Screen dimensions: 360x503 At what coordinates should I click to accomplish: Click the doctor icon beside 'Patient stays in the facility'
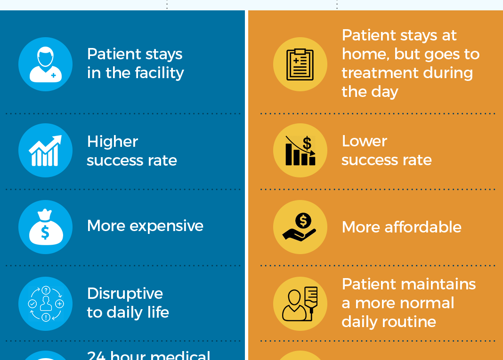coord(45,64)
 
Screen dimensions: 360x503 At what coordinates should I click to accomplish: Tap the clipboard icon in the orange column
coord(300,64)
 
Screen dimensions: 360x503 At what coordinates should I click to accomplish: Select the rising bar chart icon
coord(45,151)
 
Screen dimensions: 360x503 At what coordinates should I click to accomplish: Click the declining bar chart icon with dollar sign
coord(300,151)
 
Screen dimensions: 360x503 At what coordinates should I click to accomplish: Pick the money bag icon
coord(45,227)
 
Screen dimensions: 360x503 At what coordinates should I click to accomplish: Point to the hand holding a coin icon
coord(300,227)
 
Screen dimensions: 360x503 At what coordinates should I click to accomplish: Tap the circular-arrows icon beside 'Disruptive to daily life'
coord(45,304)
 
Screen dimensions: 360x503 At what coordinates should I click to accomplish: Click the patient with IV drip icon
coord(300,304)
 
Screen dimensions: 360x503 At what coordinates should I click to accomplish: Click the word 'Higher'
coord(113,142)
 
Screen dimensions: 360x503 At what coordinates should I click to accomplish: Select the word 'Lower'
coord(365,141)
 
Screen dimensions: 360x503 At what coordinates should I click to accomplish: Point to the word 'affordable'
coord(423,227)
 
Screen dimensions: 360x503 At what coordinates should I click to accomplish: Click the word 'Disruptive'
coord(125,294)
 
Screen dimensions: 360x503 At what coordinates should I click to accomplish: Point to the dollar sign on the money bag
coord(45,233)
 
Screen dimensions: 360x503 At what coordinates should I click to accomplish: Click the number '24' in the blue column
coord(97,355)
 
